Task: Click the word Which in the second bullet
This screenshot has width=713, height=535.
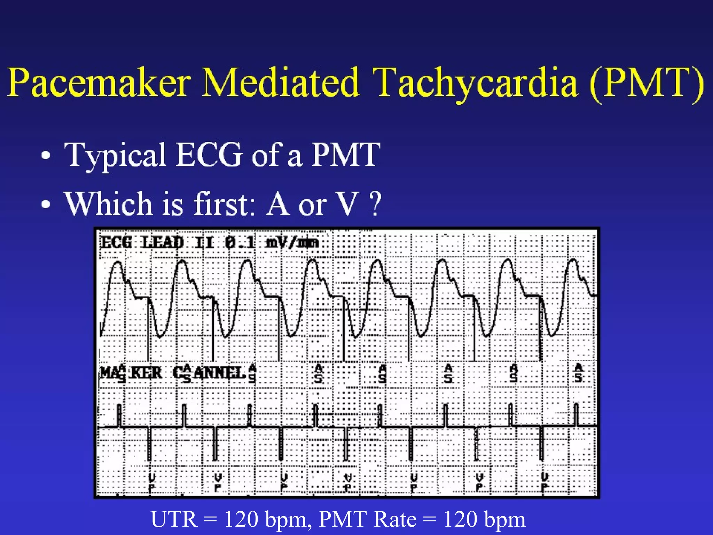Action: click(108, 204)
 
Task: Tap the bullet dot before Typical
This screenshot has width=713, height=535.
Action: click(46, 156)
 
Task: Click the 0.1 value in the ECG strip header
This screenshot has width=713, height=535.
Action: click(240, 242)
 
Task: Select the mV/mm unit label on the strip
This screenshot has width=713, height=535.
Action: click(292, 242)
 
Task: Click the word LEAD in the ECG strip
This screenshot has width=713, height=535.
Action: click(163, 242)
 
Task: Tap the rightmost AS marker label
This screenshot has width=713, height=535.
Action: click(578, 373)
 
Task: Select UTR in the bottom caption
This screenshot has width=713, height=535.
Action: click(174, 519)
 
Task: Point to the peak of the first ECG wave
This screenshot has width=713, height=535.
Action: click(118, 263)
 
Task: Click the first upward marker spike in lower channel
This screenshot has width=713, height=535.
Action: click(119, 414)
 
